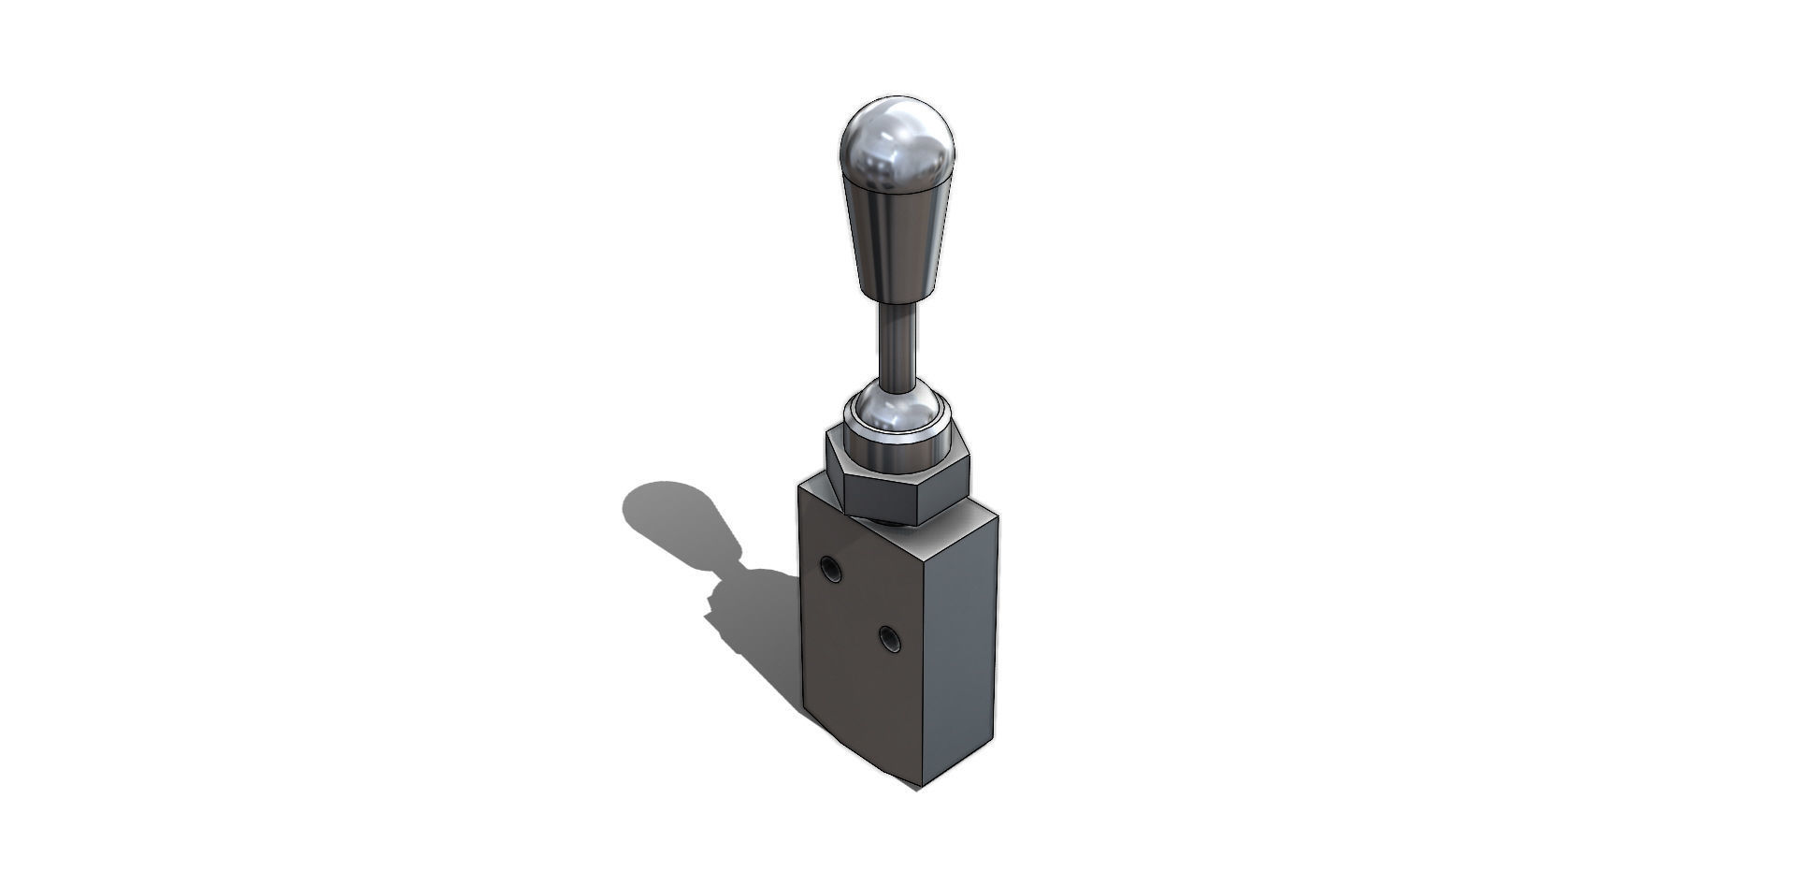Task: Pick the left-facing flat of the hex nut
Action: coord(835,473)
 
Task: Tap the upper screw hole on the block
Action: coord(829,567)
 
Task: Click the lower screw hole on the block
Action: coord(888,639)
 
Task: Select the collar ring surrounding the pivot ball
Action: coord(898,440)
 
